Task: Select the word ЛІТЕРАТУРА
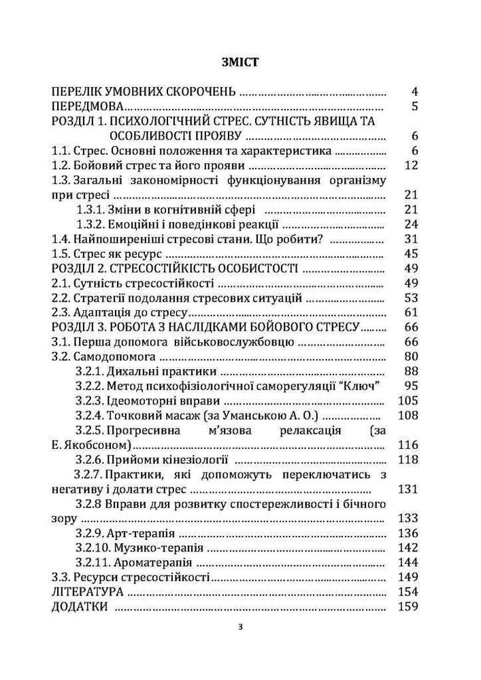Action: pyautogui.click(x=88, y=592)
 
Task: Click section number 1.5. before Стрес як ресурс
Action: pyautogui.click(x=63, y=254)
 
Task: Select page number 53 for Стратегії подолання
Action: pyautogui.click(x=410, y=298)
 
